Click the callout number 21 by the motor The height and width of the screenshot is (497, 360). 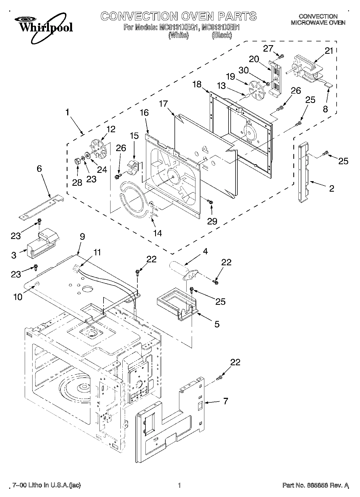[329, 51]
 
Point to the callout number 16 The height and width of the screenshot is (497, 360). [144, 113]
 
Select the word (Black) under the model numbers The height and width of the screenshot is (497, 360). [222, 35]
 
